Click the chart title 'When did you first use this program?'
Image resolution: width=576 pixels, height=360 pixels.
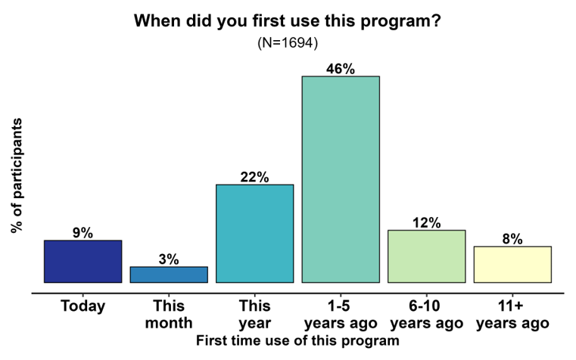pos(287,20)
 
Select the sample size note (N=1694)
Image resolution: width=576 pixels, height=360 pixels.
pos(287,42)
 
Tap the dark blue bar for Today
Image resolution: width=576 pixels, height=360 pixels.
pos(83,262)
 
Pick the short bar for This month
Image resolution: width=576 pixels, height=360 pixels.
pos(169,275)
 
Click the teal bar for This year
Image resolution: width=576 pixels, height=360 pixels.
pos(254,234)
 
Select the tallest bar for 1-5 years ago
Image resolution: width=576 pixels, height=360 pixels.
pos(341,179)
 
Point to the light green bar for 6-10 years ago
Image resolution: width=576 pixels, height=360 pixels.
pos(426,256)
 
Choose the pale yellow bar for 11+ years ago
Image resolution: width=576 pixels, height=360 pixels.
pos(512,265)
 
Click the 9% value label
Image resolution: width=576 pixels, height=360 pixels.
pos(83,233)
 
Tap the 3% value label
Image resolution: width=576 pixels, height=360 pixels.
pos(169,259)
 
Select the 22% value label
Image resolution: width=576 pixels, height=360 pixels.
pos(254,177)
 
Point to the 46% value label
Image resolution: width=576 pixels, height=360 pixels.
pos(341,69)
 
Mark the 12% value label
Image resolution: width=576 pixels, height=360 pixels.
pos(426,222)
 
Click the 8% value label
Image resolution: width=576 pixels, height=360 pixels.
pos(512,239)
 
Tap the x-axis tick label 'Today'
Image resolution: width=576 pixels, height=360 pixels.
pos(83,306)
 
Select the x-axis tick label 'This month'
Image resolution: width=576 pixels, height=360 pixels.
pos(169,315)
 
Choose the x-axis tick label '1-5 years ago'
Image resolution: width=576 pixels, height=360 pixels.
pos(341,315)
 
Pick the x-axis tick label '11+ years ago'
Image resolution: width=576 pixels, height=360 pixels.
pos(512,315)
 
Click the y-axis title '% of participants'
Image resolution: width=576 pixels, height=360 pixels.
pos(17,175)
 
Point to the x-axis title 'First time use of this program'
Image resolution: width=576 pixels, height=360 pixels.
pos(297,341)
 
